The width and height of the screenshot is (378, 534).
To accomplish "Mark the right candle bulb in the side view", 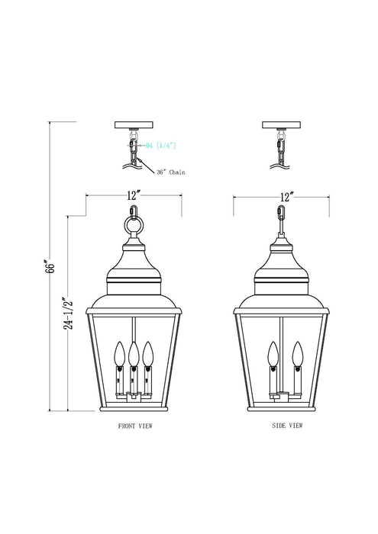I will point(296,355).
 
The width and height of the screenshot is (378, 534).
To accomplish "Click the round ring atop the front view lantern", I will point(133,227).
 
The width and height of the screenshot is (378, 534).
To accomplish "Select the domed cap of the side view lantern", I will point(282,263).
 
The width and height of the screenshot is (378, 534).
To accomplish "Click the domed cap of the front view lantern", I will point(133,263).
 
